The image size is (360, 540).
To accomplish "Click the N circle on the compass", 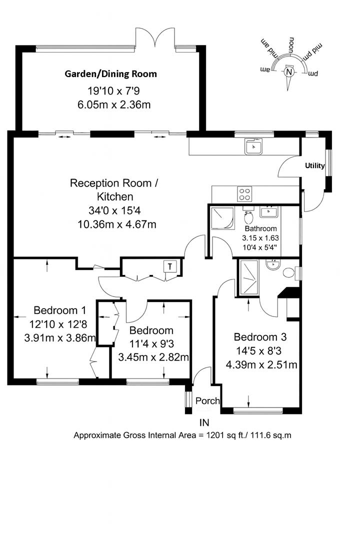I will (x=288, y=71).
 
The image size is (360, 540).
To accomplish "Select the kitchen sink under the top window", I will (x=253, y=146).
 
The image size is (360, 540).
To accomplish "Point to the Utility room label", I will (x=315, y=166).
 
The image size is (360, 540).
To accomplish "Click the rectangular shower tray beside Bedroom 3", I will (x=248, y=277).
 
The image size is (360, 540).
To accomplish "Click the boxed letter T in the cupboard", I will (x=170, y=266).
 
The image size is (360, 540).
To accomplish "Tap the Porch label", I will (x=207, y=401).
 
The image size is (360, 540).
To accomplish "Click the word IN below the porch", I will (x=204, y=422).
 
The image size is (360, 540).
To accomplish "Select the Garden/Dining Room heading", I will (x=110, y=74).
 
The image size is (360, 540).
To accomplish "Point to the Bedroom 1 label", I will (x=56, y=310).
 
